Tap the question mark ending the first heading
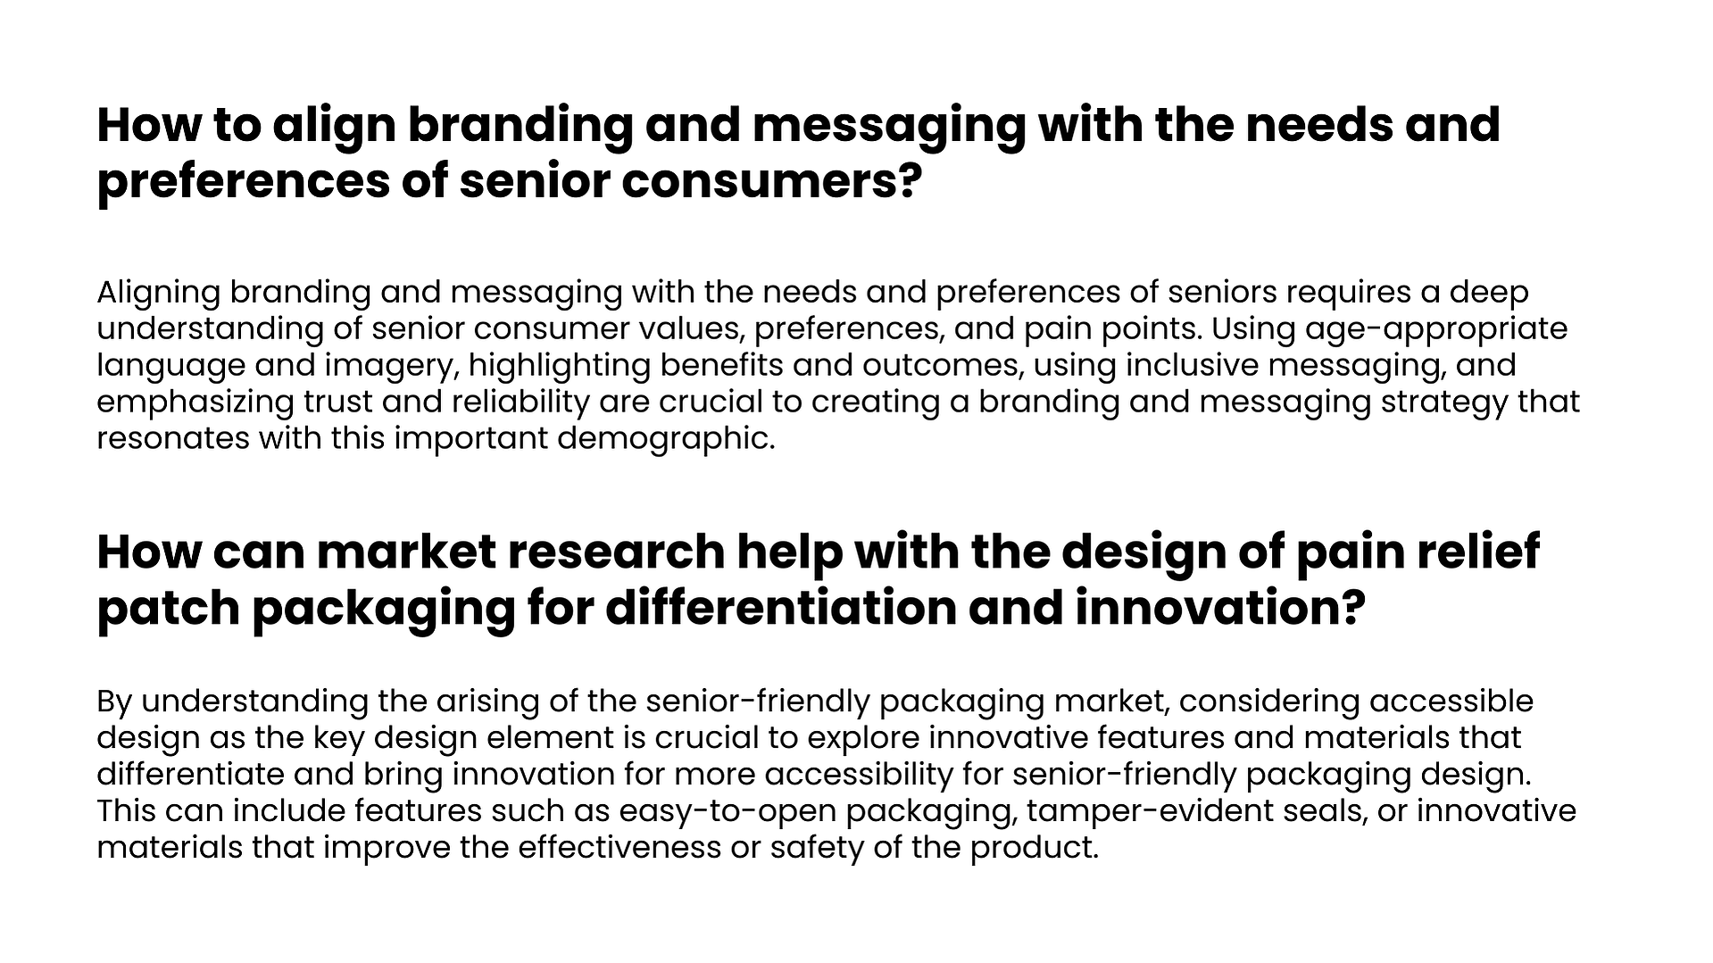[908, 181]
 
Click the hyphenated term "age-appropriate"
[1436, 330]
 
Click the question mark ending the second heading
[1353, 608]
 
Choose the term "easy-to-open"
[728, 812]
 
